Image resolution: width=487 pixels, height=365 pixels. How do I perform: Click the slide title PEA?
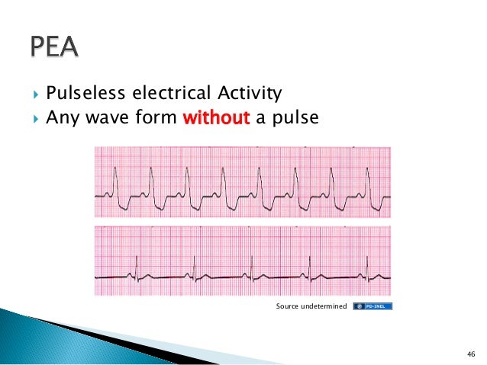pos(54,49)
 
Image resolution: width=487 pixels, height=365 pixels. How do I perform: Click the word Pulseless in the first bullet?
pos(79,94)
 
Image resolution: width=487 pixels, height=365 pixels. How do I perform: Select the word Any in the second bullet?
pos(61,118)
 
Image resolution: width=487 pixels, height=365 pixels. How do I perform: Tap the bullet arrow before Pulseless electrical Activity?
pos(35,95)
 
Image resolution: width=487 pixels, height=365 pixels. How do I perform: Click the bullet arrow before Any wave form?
pos(35,119)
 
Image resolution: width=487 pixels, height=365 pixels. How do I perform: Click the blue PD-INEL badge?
pos(373,306)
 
